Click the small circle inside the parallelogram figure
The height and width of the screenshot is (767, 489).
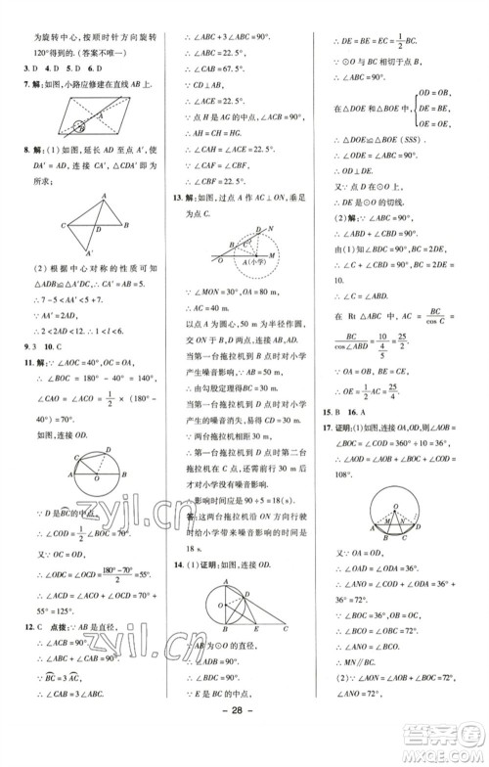75,121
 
